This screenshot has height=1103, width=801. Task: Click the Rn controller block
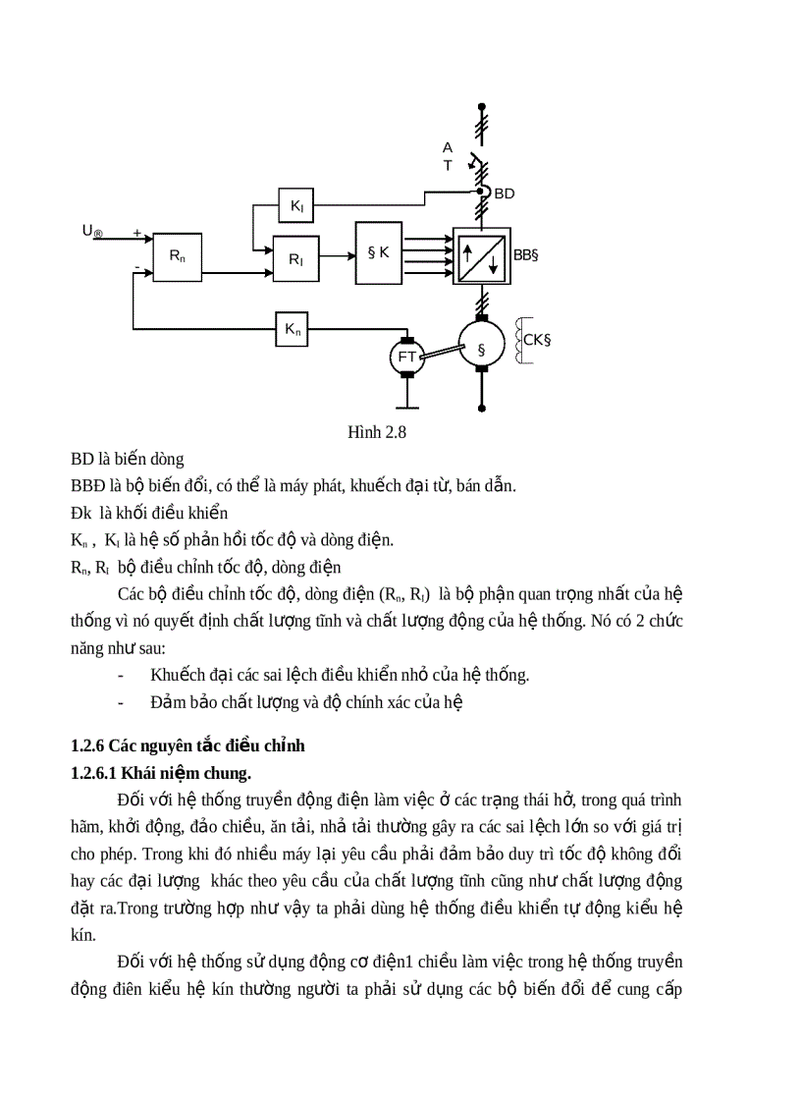point(177,257)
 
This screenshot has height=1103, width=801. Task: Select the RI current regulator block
point(295,258)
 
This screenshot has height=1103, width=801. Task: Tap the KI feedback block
point(295,205)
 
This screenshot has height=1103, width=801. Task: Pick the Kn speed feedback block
point(293,330)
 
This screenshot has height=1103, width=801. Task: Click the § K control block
point(378,252)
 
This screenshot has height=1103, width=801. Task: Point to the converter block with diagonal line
point(481,256)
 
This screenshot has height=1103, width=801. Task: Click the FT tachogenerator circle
point(406,357)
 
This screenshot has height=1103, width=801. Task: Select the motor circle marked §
point(481,349)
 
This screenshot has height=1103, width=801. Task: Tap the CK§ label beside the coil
point(537,341)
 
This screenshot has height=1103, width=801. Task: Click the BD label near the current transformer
point(504,193)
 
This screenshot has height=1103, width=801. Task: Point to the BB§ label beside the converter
point(527,254)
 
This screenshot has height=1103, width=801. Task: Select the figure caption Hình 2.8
point(377,432)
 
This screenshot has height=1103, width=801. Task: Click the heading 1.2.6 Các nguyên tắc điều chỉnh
point(187,745)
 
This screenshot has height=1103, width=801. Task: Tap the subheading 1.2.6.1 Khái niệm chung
point(161,773)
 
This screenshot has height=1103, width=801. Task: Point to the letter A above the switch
point(448,147)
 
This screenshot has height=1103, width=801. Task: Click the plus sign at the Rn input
point(136,234)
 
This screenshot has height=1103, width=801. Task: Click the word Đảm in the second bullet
point(169,702)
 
